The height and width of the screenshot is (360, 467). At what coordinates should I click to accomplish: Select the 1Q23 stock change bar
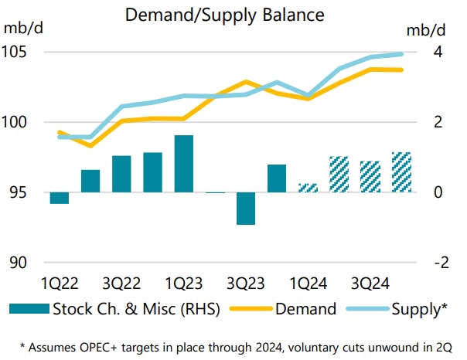coord(184,164)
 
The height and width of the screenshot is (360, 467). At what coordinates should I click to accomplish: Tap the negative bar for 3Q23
coord(246,209)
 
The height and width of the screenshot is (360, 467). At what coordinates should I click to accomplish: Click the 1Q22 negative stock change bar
coord(60,198)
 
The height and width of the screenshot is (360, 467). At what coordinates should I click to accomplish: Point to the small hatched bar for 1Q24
coord(308,188)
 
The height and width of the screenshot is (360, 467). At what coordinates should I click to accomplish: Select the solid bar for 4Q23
coord(277,178)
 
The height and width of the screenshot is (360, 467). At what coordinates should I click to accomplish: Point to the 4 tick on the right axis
coord(438,53)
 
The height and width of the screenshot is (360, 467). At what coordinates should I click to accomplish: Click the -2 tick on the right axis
coord(439,263)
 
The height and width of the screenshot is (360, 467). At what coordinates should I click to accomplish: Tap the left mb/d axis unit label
coord(24,30)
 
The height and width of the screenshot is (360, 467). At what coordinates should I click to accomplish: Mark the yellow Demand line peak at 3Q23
coord(246,81)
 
